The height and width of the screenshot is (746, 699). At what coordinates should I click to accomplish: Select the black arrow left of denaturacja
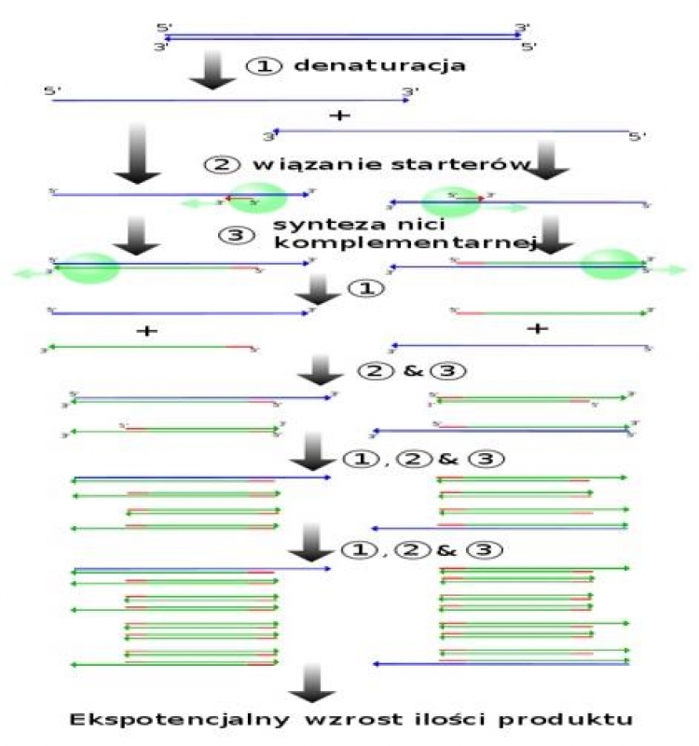(x=212, y=70)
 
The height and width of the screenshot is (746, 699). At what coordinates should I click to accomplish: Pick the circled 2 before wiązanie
(x=216, y=163)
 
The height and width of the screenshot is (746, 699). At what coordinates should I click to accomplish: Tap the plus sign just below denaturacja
(x=340, y=116)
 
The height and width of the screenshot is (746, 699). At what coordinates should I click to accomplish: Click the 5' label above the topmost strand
(x=164, y=28)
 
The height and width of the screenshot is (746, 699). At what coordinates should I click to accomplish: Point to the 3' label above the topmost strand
(x=522, y=28)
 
